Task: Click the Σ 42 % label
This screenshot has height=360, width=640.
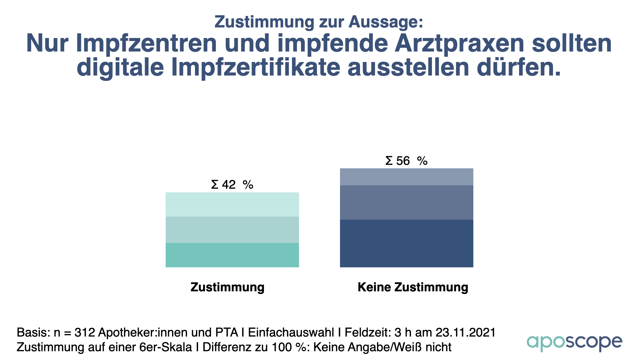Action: click(232, 184)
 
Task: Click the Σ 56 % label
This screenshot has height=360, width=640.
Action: click(406, 161)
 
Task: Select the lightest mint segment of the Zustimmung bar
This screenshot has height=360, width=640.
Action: click(232, 204)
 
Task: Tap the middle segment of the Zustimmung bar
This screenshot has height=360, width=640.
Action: click(232, 230)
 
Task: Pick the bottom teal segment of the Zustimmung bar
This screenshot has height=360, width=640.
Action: click(232, 255)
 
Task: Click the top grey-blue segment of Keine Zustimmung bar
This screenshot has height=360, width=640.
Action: click(406, 177)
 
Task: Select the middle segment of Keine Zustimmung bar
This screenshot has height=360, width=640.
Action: click(406, 202)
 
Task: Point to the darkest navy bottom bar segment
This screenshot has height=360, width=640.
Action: click(406, 243)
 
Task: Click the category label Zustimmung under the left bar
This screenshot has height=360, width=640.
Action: click(227, 287)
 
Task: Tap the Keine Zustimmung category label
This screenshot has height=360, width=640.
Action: click(413, 287)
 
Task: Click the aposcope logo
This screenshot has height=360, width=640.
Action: click(574, 343)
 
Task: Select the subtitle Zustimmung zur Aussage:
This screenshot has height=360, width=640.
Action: click(319, 22)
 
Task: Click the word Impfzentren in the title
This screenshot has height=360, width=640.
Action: click(146, 43)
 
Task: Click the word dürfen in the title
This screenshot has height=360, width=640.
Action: click(518, 67)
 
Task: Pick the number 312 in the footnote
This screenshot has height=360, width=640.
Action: click(85, 332)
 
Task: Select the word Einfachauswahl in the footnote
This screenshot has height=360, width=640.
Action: click(291, 332)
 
